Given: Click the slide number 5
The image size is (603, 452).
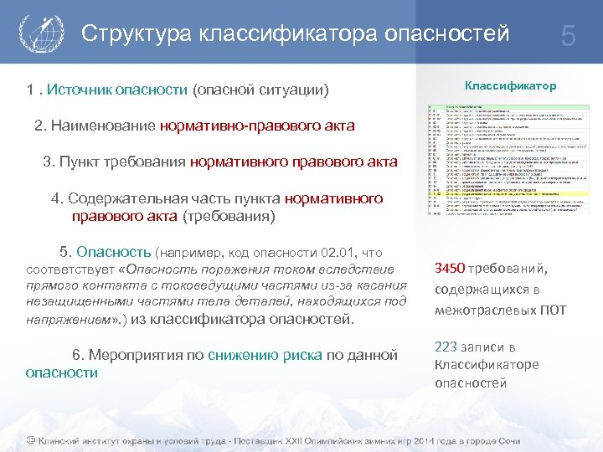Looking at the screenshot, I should [x=569, y=36].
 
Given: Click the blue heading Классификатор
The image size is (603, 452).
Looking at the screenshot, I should [x=510, y=86].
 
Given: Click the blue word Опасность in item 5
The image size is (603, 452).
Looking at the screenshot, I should [x=112, y=252].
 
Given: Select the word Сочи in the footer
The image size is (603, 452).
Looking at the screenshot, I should [x=505, y=440].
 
